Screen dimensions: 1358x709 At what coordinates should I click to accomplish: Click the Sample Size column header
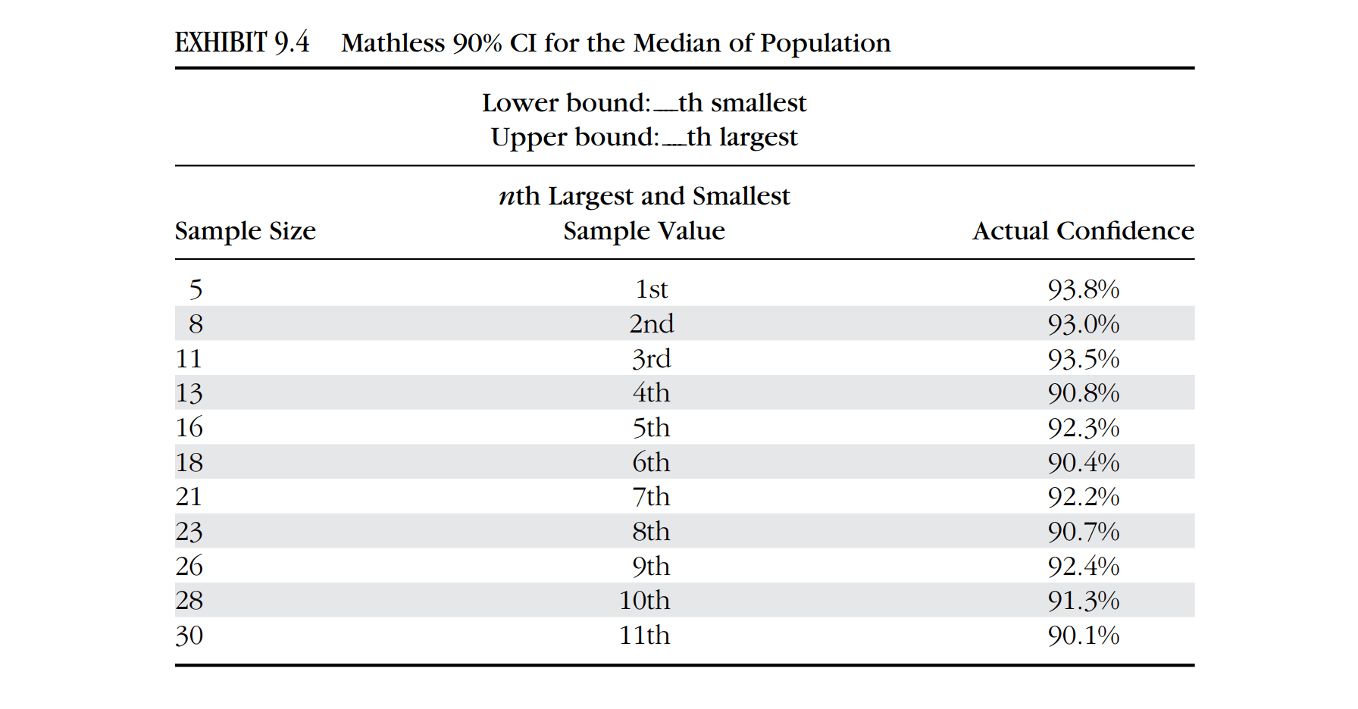(x=246, y=231)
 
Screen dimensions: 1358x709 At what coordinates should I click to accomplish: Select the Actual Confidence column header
(x=1084, y=231)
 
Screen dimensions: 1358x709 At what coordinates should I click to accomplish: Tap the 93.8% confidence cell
(x=1084, y=289)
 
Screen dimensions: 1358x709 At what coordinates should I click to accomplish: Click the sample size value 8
(x=196, y=324)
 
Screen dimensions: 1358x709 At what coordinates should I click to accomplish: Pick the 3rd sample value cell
(x=652, y=358)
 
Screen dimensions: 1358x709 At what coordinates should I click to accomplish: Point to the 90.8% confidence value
(x=1084, y=393)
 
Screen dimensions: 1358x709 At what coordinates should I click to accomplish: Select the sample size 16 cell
(x=189, y=428)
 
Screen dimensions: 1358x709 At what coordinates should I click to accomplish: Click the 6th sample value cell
(x=652, y=462)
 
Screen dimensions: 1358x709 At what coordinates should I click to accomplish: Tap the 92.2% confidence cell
(x=1084, y=497)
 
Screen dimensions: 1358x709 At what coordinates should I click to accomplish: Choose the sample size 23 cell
(x=189, y=532)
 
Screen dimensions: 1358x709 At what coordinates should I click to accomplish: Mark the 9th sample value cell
(x=652, y=567)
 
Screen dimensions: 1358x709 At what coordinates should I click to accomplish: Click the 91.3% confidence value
(x=1084, y=601)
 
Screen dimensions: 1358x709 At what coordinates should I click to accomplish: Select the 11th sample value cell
(x=645, y=636)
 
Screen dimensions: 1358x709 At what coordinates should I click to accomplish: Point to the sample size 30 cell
(x=189, y=636)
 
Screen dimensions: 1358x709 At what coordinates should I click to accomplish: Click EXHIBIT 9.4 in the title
(x=242, y=42)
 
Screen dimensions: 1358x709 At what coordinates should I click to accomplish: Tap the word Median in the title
(x=677, y=43)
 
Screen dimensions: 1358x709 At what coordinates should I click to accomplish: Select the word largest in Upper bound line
(x=759, y=138)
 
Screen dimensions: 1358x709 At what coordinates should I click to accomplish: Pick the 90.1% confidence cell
(x=1084, y=636)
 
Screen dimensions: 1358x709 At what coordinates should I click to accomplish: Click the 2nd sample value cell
(x=652, y=324)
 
